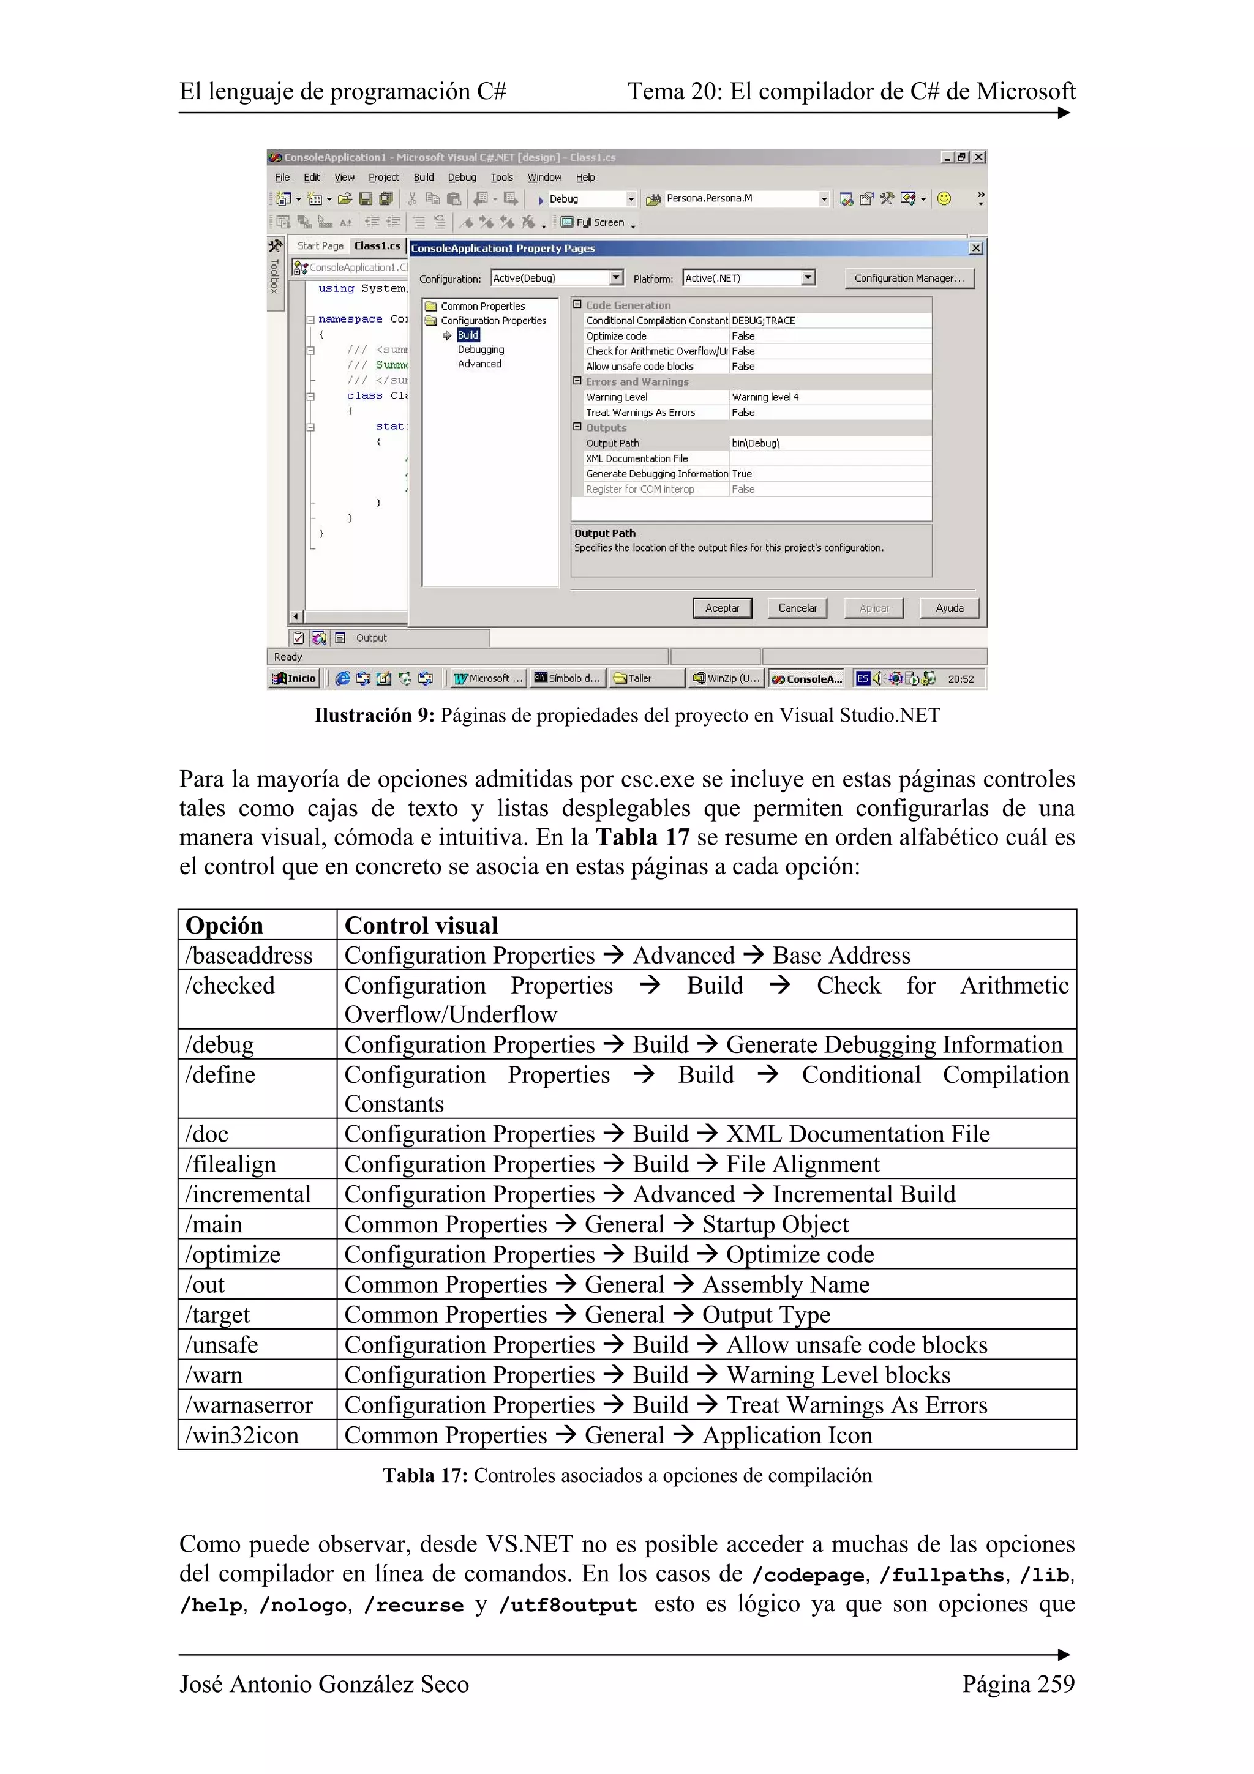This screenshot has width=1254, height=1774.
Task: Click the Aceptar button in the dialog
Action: pyautogui.click(x=722, y=608)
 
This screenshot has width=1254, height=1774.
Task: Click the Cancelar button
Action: pyautogui.click(x=797, y=608)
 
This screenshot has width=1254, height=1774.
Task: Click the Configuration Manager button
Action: pyautogui.click(x=909, y=278)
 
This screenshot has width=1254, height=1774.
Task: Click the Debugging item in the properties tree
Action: pyautogui.click(x=480, y=350)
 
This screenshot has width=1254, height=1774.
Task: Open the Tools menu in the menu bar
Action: pyautogui.click(x=501, y=177)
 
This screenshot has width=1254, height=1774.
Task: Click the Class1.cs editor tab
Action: pyautogui.click(x=377, y=245)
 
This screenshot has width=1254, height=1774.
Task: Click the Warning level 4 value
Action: pyautogui.click(x=765, y=397)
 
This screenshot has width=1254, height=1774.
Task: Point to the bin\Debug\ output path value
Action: pyautogui.click(x=755, y=443)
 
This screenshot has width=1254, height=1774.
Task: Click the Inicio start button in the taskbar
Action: pyautogui.click(x=295, y=678)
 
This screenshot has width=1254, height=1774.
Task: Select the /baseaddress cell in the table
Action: pyautogui.click(x=249, y=956)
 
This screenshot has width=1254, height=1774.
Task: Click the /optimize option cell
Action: pyautogui.click(x=233, y=1255)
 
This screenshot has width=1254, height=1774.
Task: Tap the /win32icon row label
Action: pyautogui.click(x=242, y=1435)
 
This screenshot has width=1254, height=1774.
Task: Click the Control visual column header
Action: pyautogui.click(x=421, y=926)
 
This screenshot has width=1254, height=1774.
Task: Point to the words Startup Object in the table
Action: pyautogui.click(x=775, y=1225)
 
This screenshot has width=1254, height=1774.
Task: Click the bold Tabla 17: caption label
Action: pyautogui.click(x=425, y=1476)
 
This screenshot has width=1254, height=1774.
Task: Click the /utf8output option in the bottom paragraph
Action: pyautogui.click(x=568, y=1605)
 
